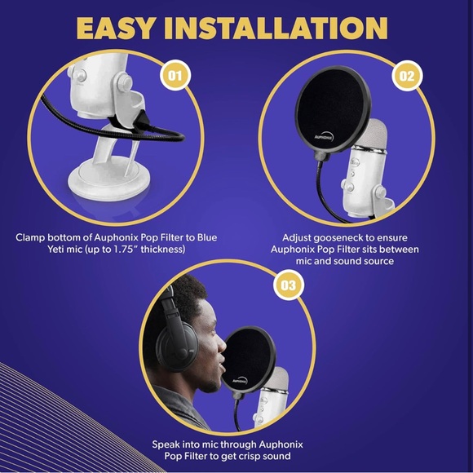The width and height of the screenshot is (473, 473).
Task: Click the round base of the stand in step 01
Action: [103, 182]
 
